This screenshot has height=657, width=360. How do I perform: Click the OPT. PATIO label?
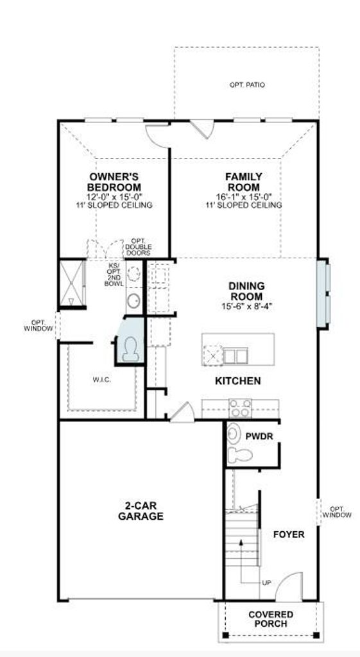247,85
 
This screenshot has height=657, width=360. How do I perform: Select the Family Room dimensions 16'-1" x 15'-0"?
243,196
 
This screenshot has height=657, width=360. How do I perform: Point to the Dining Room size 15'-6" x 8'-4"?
247,306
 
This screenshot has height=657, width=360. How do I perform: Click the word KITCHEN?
237,381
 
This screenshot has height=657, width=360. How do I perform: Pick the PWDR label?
259,436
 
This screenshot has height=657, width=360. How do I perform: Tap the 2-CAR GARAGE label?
141,511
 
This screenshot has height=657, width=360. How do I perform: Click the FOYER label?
289,534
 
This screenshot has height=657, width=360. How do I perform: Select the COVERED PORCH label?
271,619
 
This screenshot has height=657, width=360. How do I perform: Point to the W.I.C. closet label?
102,380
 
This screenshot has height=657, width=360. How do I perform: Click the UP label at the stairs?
266,583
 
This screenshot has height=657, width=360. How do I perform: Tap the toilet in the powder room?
240,454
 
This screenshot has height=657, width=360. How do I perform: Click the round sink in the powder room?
234,434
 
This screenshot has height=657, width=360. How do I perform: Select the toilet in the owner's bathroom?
131,348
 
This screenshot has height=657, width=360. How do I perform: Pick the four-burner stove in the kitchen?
240,408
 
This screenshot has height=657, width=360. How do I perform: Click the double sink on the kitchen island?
235,357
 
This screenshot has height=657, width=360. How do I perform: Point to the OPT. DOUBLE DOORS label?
139,247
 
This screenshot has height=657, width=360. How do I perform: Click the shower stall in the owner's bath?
72,284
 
